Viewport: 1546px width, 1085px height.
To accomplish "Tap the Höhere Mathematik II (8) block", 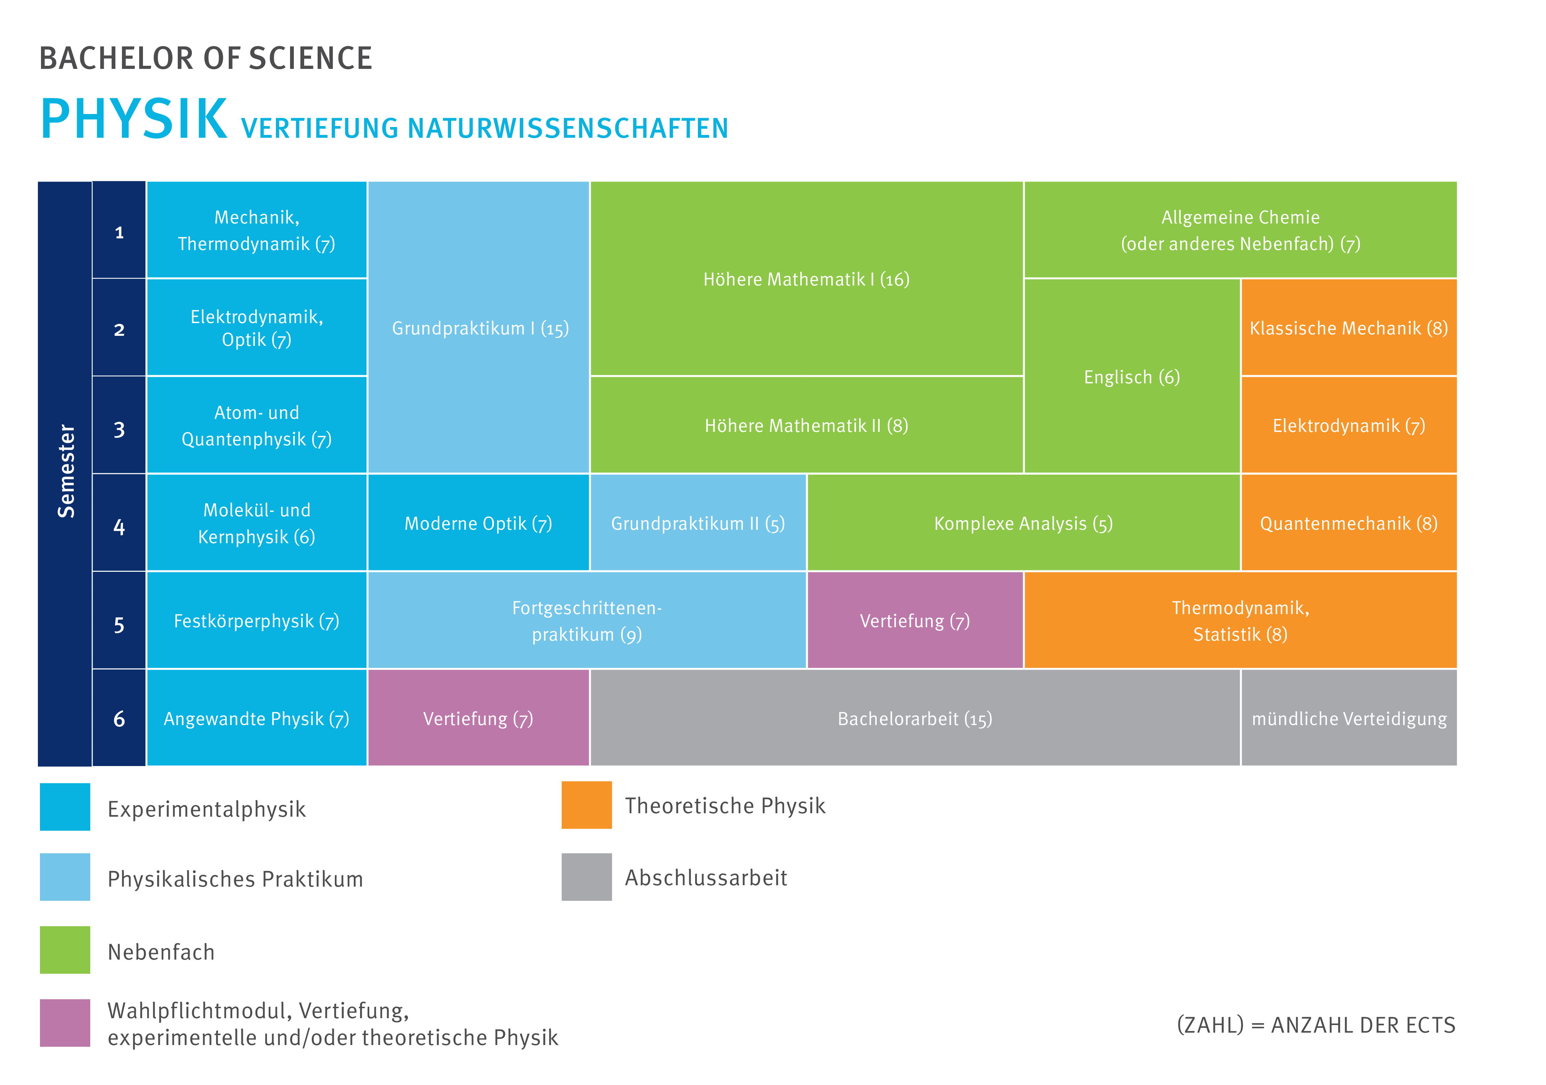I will (x=806, y=426).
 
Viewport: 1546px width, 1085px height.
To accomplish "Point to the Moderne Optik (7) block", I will (x=478, y=523).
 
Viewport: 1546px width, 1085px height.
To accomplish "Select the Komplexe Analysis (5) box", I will (x=1023, y=523).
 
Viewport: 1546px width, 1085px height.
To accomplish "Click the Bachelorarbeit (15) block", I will (x=914, y=719).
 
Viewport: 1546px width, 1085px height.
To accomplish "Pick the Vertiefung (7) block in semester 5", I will (x=914, y=621).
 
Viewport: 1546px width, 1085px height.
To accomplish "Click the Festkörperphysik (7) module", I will (x=257, y=621).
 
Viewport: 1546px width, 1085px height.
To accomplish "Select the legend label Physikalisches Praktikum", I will (x=235, y=879).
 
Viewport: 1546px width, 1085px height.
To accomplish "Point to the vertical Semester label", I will (x=65, y=472).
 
